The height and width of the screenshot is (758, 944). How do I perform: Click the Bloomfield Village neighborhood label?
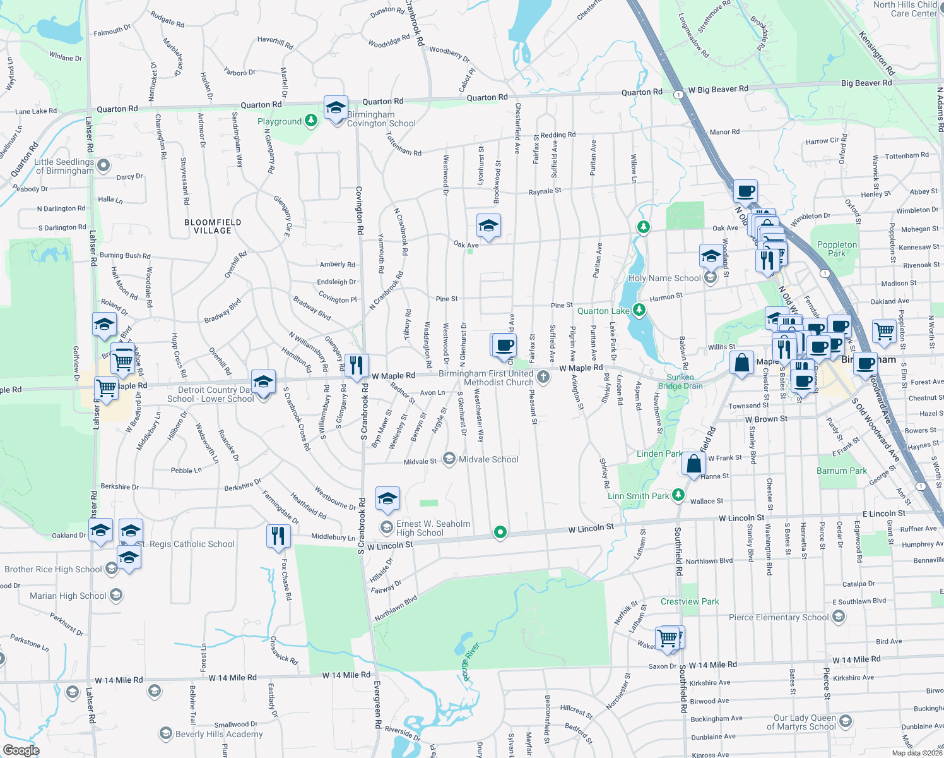pyautogui.click(x=213, y=226)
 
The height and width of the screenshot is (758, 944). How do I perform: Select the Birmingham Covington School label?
pyautogui.click(x=381, y=119)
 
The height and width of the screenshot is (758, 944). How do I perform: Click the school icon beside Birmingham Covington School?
pyautogui.click(x=336, y=107)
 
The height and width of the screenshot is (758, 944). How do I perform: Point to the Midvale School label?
pyautogui.click(x=488, y=459)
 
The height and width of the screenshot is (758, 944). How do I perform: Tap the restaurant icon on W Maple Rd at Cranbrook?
pyautogui.click(x=357, y=365)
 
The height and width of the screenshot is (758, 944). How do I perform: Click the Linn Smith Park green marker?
pyautogui.click(x=678, y=495)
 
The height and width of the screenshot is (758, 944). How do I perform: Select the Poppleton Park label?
pyautogui.click(x=837, y=249)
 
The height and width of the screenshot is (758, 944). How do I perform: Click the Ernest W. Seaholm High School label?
pyautogui.click(x=433, y=528)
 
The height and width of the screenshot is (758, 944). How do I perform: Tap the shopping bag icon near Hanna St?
pyautogui.click(x=693, y=464)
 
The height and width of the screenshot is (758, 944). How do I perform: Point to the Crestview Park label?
pyautogui.click(x=690, y=601)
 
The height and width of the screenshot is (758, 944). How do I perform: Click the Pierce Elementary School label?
pyautogui.click(x=778, y=617)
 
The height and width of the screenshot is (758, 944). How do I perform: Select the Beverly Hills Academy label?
pyautogui.click(x=218, y=734)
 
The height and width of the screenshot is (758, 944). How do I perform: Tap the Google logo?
pyautogui.click(x=21, y=750)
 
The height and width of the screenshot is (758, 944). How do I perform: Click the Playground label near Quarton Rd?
pyautogui.click(x=280, y=121)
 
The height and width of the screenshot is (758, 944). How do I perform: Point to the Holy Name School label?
pyautogui.click(x=664, y=278)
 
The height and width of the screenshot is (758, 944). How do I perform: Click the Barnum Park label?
pyautogui.click(x=841, y=471)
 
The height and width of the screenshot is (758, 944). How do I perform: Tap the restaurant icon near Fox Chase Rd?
pyautogui.click(x=278, y=536)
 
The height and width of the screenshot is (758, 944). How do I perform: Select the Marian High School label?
pyautogui.click(x=68, y=596)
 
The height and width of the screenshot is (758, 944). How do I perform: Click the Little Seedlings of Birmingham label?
pyautogui.click(x=64, y=166)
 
